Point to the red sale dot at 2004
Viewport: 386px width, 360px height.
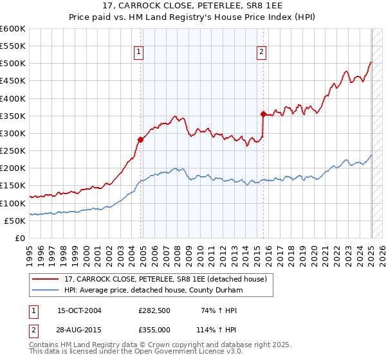pyautogui.click(x=141, y=139)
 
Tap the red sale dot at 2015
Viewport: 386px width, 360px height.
pyautogui.click(x=263, y=114)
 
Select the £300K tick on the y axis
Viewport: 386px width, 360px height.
pyautogui.click(x=13, y=133)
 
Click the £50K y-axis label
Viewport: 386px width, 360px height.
pyautogui.click(x=15, y=221)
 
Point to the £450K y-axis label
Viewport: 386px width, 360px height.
pyautogui.click(x=13, y=81)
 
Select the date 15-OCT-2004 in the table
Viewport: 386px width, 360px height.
pyautogui.click(x=79, y=310)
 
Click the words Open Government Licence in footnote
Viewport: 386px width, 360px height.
pyautogui.click(x=181, y=352)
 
